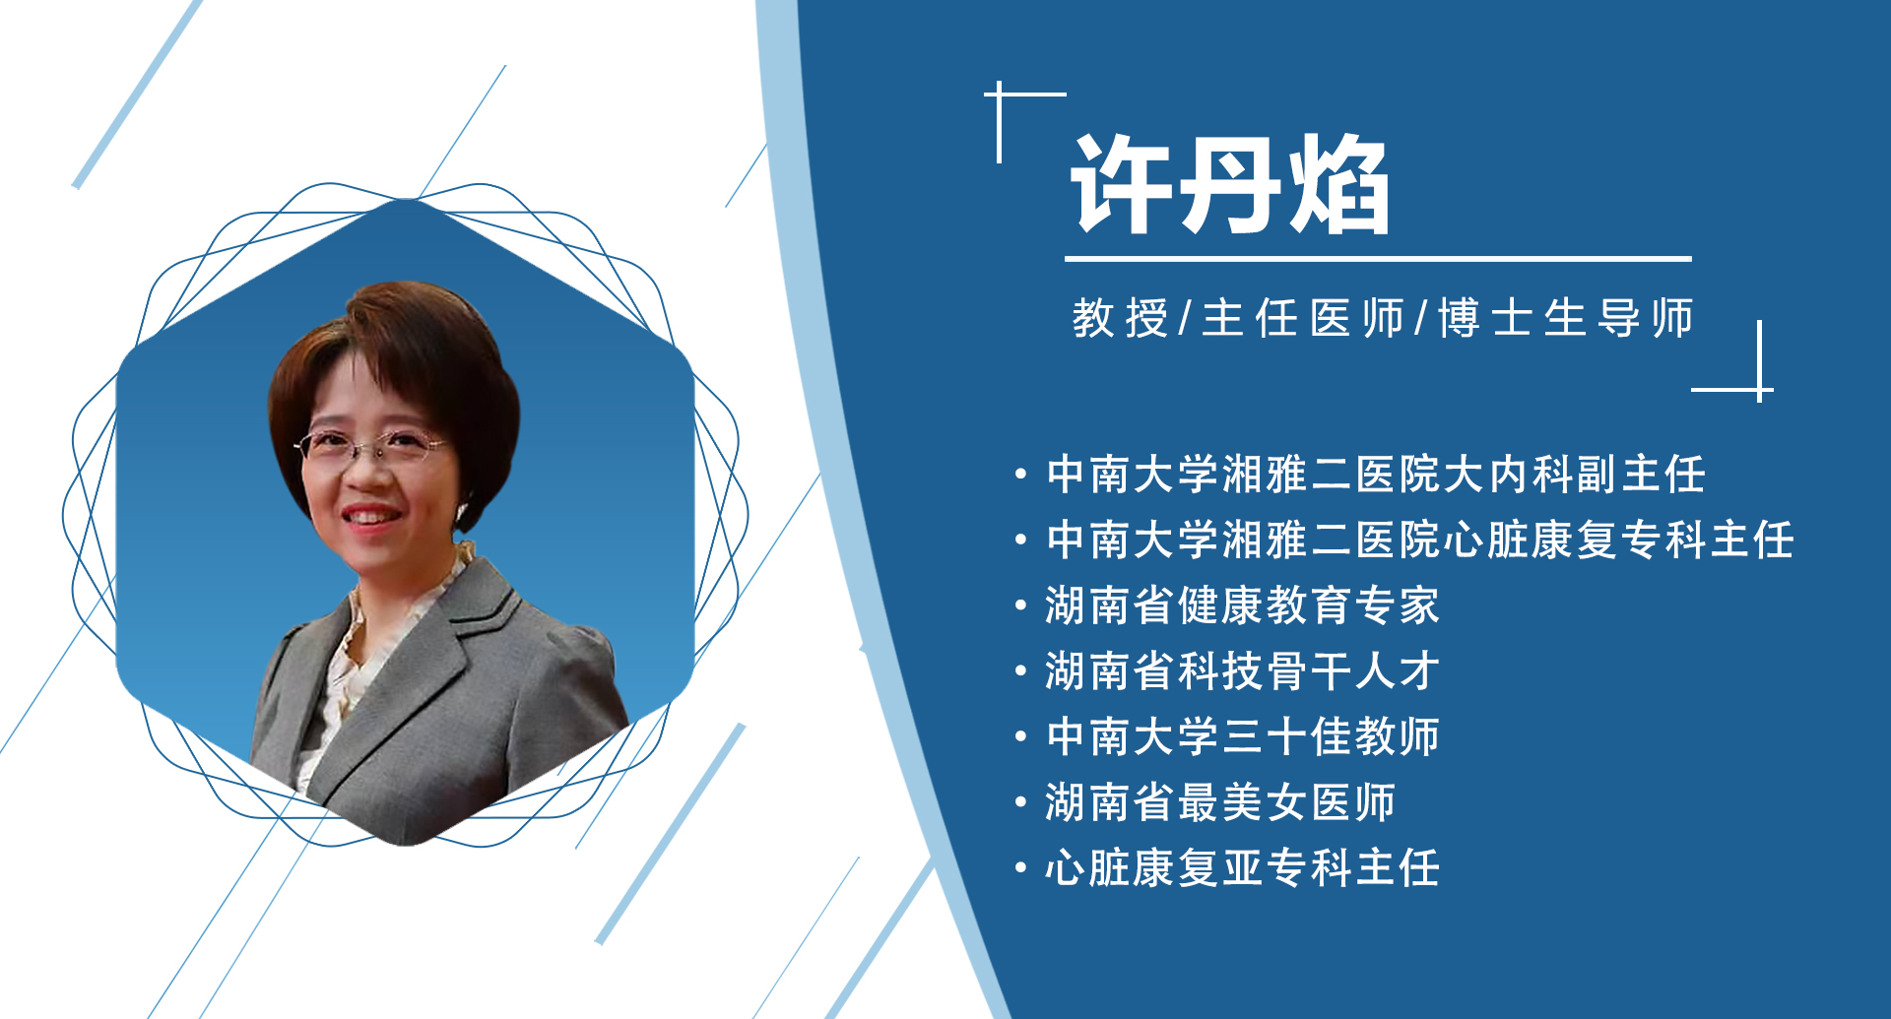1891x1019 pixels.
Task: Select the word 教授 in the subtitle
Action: coord(1120,318)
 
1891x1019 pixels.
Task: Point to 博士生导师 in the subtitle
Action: coord(1566,318)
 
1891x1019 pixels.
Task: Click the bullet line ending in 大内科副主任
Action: coord(1376,475)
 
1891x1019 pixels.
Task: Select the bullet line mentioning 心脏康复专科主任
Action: coord(1419,540)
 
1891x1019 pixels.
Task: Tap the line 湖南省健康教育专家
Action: coord(1242,605)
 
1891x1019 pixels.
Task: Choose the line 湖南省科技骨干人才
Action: coord(1242,671)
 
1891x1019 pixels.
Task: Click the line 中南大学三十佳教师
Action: coord(1242,736)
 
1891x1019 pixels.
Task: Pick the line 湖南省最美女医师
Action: coord(1220,802)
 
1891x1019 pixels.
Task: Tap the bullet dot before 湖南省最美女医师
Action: coord(1021,802)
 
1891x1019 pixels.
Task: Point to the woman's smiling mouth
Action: coord(370,516)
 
